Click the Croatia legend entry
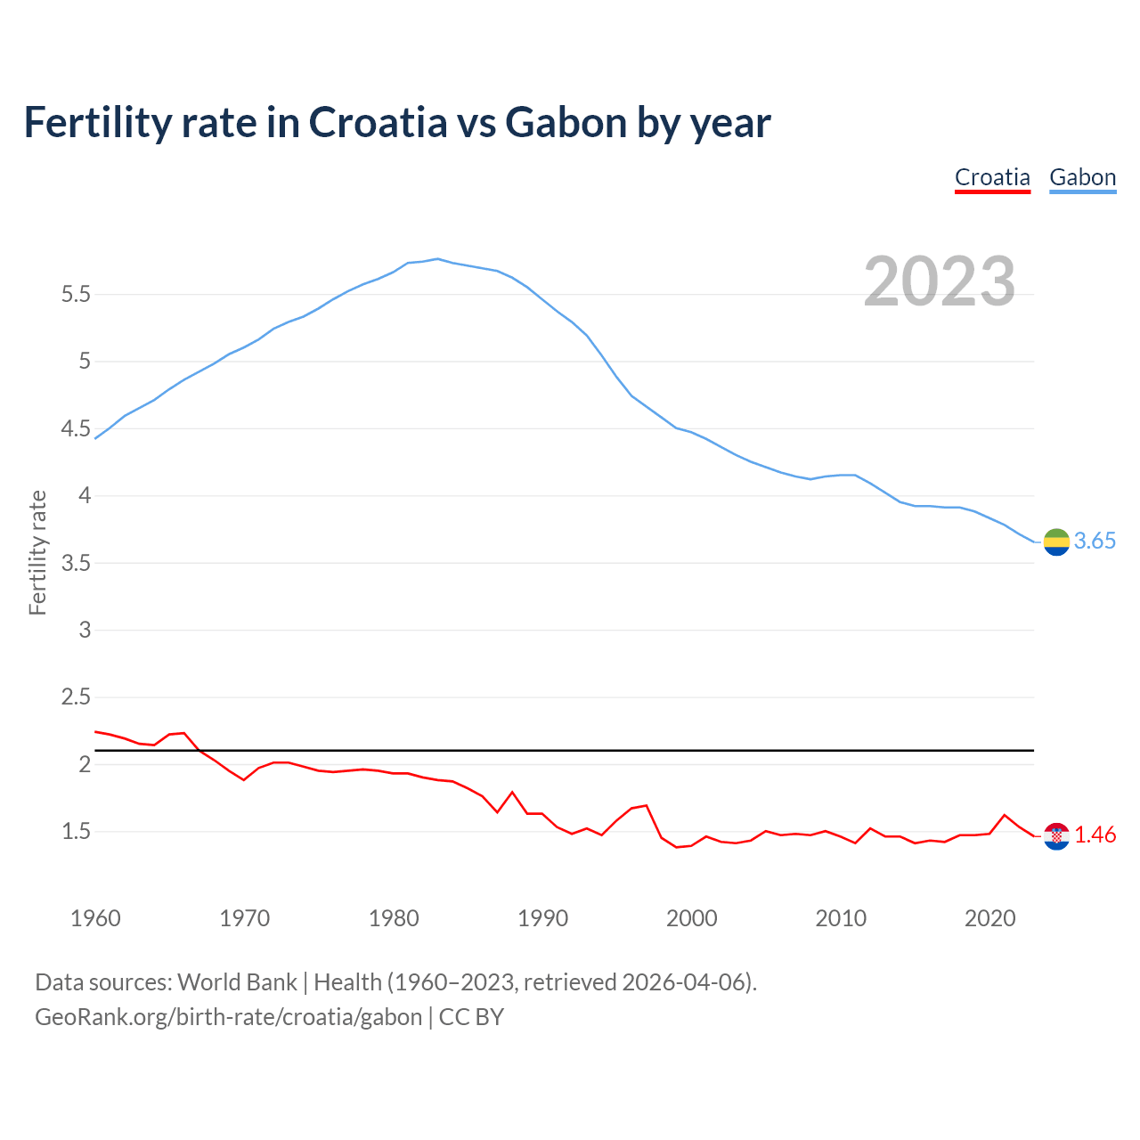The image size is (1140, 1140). coord(992,177)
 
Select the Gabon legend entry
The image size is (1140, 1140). coord(1082,177)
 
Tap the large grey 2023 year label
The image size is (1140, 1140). coord(940,281)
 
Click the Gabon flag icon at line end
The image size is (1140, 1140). coord(1056,541)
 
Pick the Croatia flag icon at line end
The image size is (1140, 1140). coord(1056,835)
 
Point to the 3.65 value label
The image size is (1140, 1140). coord(1095,541)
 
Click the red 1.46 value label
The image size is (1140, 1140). coord(1095,835)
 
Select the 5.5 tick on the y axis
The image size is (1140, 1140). coord(76,294)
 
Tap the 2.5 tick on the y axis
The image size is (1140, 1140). coord(76,697)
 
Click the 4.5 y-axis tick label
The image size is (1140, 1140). coord(76,428)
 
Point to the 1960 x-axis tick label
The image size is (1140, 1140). coord(95,918)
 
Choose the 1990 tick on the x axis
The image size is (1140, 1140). coord(542,918)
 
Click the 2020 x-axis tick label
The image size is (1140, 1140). coord(989,918)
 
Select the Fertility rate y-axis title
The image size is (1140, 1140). coord(37,552)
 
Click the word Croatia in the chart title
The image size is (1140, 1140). coord(378,122)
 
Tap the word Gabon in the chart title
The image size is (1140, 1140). coord(566,122)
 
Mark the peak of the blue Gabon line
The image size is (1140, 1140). coord(437,259)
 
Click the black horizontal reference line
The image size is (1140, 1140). coord(570,751)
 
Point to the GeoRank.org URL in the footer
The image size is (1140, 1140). coord(228,1017)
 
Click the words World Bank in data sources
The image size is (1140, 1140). coord(237,982)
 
